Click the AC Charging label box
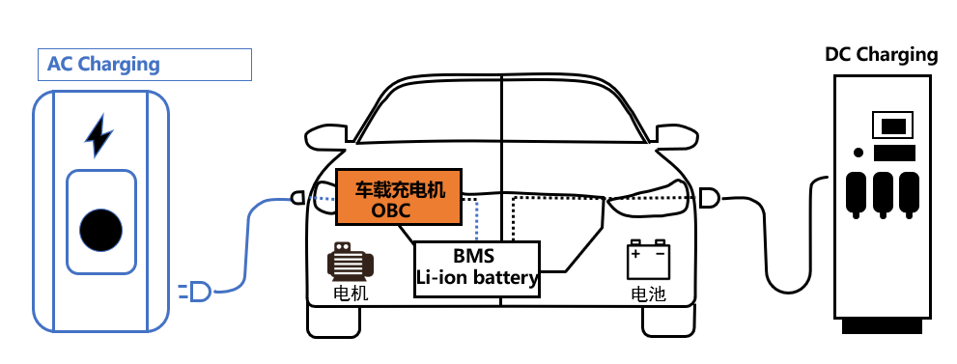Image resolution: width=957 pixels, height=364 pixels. [x=144, y=65]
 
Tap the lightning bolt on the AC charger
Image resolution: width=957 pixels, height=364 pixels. [x=99, y=136]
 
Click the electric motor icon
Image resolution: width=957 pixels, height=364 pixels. [x=350, y=262]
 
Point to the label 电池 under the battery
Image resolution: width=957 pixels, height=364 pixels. [x=648, y=294]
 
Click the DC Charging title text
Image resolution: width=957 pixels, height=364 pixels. [x=881, y=54]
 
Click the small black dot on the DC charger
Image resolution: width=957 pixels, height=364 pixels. [x=858, y=153]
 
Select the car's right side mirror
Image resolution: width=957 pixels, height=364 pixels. [x=676, y=136]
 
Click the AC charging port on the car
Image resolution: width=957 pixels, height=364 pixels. [x=298, y=199]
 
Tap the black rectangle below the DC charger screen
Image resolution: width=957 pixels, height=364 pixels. [x=894, y=154]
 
